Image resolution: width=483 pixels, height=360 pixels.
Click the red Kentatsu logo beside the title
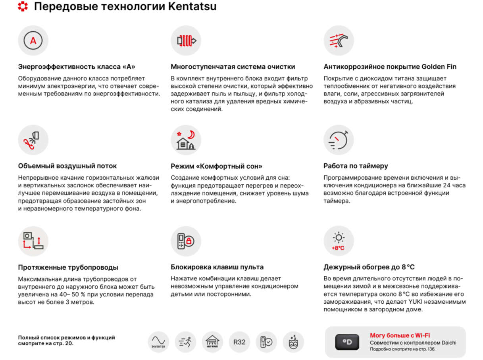pos(23,7)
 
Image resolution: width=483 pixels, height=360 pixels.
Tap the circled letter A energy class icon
pos(33,40)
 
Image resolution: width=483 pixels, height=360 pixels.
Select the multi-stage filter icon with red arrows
pos(186,40)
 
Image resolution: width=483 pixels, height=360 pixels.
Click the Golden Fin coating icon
pos(339,40)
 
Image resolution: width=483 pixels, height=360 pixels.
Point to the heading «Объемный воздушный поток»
pos(67,166)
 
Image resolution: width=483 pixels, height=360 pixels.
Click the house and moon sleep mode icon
pos(186,140)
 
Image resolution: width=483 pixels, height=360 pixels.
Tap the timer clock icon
pos(339,140)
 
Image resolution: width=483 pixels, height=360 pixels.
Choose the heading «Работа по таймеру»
pos(356,166)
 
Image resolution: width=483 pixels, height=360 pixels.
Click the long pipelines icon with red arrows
pos(33,241)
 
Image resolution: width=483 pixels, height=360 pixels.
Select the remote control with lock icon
pos(186,241)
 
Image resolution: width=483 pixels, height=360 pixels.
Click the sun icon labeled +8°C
pos(339,241)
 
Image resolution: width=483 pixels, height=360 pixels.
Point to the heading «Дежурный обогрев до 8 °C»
pos(369,267)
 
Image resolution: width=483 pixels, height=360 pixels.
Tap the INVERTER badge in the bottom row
pos(158,342)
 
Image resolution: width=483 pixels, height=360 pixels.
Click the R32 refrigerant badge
pos(239,342)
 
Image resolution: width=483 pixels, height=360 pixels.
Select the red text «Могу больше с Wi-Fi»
pos(400,335)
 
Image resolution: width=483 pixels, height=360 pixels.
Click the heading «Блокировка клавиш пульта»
pos(217,267)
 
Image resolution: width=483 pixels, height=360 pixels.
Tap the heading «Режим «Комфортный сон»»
pos(216,166)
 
